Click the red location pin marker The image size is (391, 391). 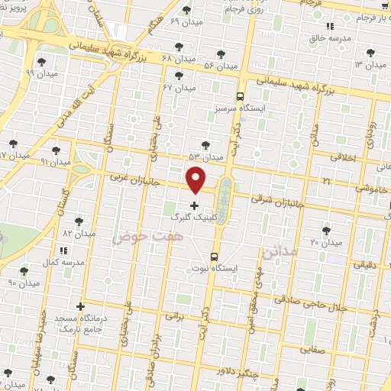(196, 179)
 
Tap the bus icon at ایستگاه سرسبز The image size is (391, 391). (240, 97)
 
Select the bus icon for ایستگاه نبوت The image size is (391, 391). (214, 257)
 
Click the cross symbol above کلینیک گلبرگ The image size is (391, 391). (194, 205)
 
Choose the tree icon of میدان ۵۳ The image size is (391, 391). (205, 144)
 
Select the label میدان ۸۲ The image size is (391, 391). (77, 232)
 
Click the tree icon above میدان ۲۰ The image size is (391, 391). (327, 230)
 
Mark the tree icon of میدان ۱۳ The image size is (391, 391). (371, 53)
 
